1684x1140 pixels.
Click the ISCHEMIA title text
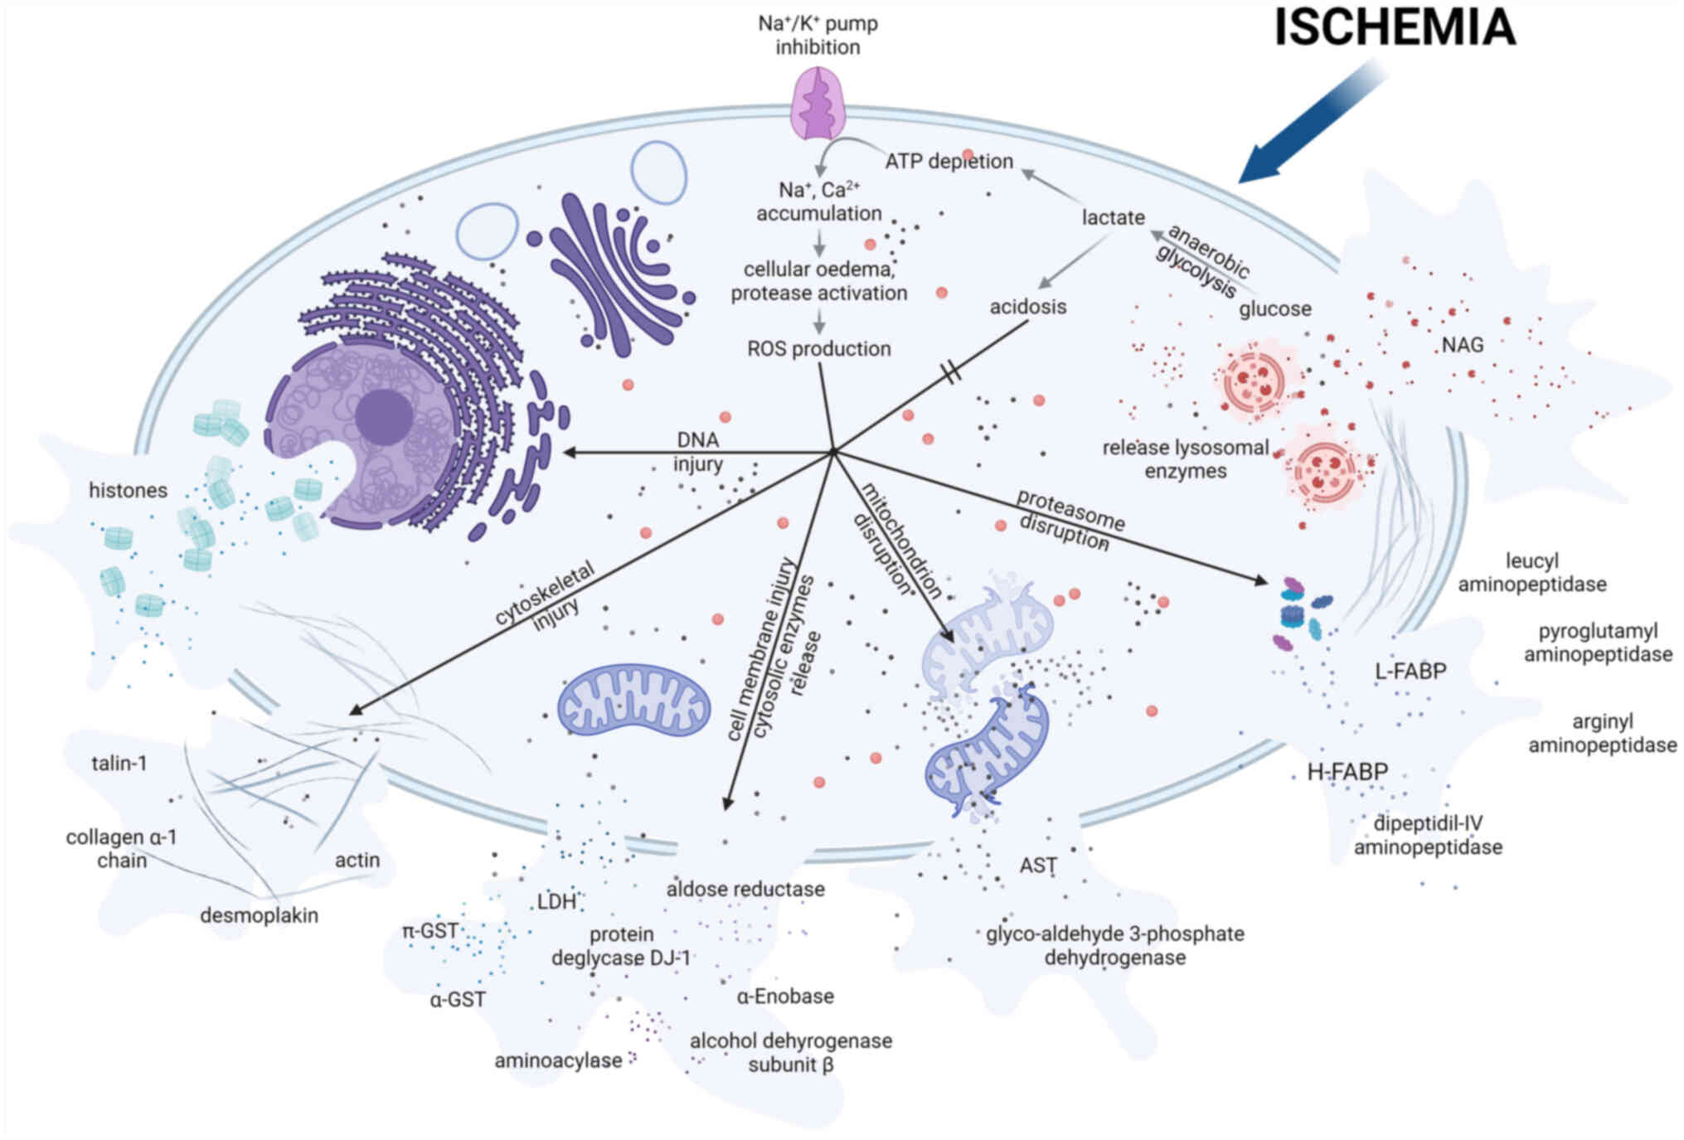pos(1395,27)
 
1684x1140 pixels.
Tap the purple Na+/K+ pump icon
pos(818,104)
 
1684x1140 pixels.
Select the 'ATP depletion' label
pos(949,161)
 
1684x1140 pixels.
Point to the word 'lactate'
pos(1113,218)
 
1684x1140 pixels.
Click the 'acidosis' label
pos(1027,307)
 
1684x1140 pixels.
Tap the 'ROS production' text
pos(818,348)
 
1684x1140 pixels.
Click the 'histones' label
pos(128,490)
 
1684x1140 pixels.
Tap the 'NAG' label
pos(1462,344)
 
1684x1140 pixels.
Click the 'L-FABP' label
pos(1410,671)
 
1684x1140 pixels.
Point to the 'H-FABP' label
pos(1347,772)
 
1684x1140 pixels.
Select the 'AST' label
pos(1037,866)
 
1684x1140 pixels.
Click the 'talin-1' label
pos(119,763)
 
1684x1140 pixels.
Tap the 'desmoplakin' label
pos(259,915)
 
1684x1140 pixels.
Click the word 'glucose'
pos(1274,309)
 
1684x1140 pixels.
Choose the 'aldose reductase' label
pos(745,889)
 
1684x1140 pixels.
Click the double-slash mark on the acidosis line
pos(952,372)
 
